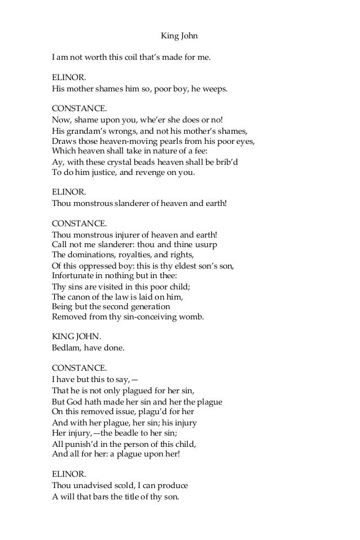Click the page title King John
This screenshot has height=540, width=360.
tap(179, 37)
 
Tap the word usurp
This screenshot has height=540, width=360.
tap(206, 245)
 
